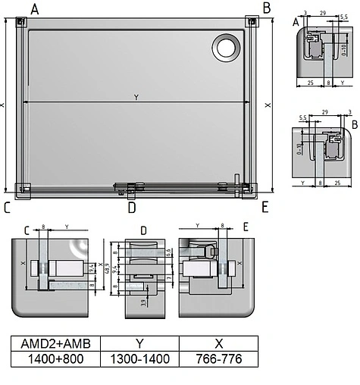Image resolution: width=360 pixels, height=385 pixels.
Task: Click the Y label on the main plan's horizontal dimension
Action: coord(136,97)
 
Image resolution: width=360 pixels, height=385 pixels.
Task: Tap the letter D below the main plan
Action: coord(131,206)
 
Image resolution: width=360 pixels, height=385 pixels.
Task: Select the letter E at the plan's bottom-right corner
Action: coord(265,205)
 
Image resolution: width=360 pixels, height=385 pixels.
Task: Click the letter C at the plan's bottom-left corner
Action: coord(7,206)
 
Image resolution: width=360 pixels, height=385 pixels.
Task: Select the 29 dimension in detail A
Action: coord(323,14)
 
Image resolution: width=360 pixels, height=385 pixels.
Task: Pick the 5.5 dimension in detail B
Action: coord(303,118)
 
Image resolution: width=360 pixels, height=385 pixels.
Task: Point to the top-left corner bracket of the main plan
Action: coord(20,22)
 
